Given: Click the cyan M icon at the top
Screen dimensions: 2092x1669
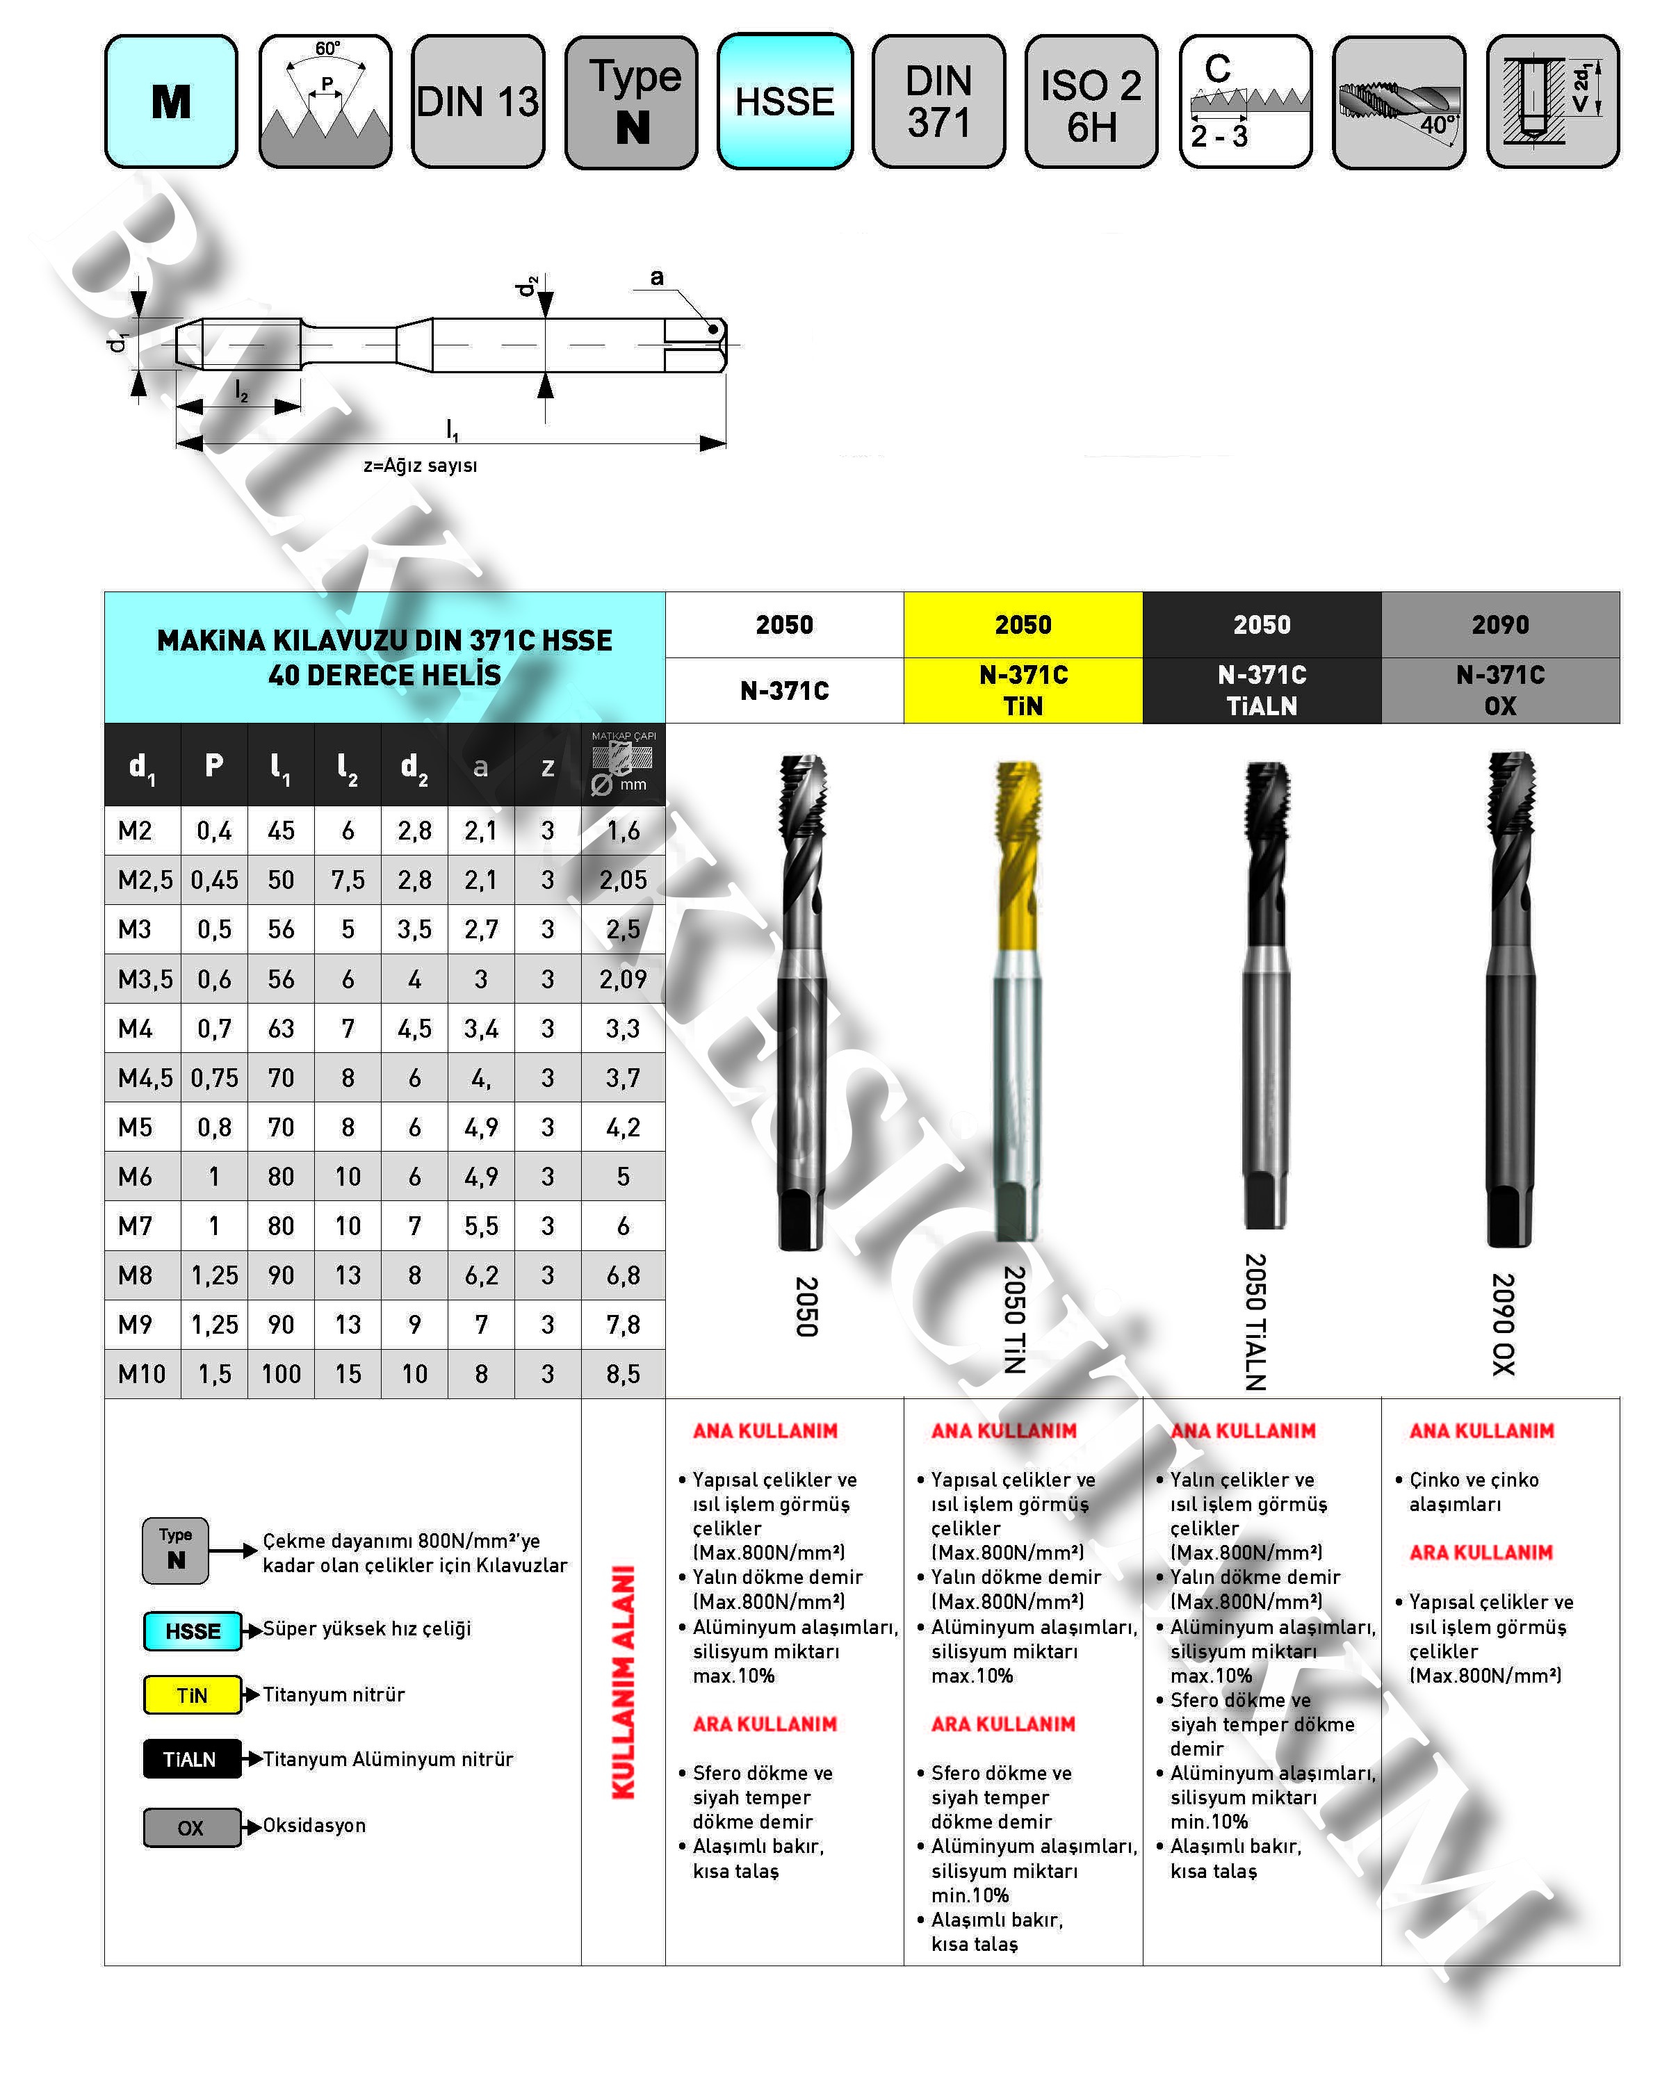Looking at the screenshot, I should tap(171, 101).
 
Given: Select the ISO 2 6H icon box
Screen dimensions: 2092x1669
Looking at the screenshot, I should tap(1091, 101).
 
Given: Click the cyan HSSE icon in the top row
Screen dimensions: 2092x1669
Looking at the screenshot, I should tap(784, 101).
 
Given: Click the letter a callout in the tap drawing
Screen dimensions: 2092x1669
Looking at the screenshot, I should tap(657, 277).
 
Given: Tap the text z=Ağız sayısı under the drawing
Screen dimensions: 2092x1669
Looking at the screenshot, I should tap(420, 465).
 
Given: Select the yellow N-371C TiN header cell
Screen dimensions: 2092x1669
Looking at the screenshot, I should tap(1023, 690).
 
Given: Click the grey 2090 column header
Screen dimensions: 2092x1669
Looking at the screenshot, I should tap(1499, 624).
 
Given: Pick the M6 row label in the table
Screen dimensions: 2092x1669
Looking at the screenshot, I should tap(136, 1176).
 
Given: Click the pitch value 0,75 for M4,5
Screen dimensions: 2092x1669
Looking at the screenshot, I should tap(215, 1077).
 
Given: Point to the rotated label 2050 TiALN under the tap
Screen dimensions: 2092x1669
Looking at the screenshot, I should tap(1255, 1321).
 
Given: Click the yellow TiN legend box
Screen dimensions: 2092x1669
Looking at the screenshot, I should tap(192, 1694).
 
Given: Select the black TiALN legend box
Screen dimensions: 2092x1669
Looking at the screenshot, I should tap(191, 1758).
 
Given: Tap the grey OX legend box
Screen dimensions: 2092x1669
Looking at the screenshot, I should tap(191, 1827).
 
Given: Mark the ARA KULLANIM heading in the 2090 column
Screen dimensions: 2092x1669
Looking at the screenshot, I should tap(1480, 1553).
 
